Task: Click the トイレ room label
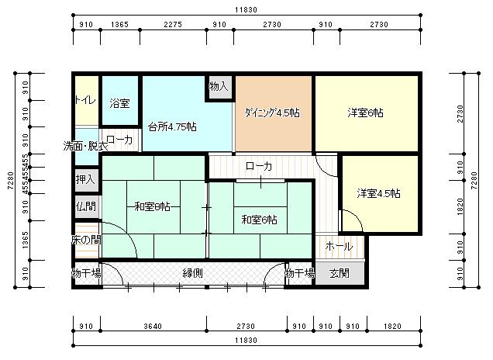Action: pos(86,101)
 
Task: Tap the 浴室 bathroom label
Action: pos(119,103)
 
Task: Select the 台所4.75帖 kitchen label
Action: pos(171,126)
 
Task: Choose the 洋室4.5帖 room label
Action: pos(379,193)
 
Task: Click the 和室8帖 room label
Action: pos(152,206)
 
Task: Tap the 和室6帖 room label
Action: pos(258,220)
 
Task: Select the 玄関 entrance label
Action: pos(339,273)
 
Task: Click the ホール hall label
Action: pos(339,246)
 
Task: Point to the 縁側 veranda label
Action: pos(193,273)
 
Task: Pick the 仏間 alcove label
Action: pos(86,206)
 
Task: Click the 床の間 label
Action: pos(86,240)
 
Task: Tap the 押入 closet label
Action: pos(86,179)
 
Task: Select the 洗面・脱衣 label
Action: pos(86,146)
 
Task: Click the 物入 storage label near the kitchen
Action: pos(219,86)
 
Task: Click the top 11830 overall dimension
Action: pos(243,10)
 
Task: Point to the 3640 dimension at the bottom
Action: pos(153,327)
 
